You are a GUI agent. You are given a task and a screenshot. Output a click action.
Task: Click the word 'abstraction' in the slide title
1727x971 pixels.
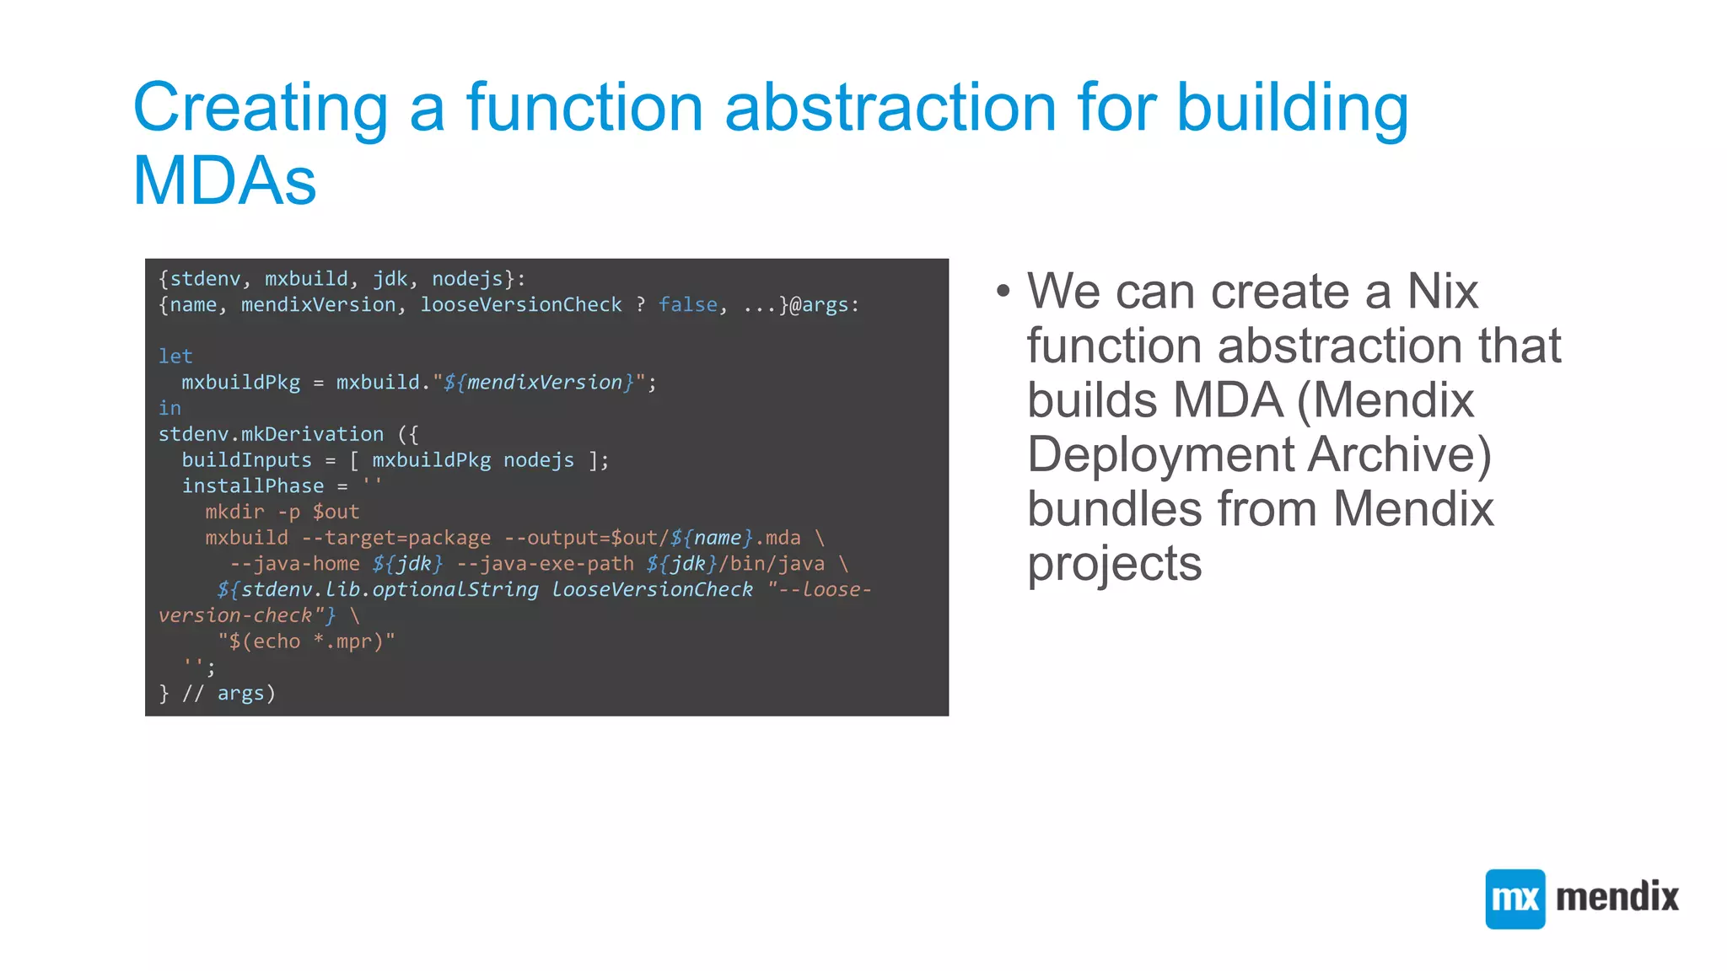(890, 108)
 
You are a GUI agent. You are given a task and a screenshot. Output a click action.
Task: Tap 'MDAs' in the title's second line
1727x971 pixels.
(224, 181)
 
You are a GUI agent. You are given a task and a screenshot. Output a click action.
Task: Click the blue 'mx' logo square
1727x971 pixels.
(1514, 899)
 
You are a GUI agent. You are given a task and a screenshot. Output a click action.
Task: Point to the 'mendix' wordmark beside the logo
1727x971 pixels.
(1617, 897)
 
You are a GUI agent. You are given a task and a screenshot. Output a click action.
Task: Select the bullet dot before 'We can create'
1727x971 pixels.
(1003, 292)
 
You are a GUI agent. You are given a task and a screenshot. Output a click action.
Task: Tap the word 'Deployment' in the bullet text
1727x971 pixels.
(1159, 454)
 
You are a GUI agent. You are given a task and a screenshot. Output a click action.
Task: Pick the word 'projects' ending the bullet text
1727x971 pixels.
(1114, 563)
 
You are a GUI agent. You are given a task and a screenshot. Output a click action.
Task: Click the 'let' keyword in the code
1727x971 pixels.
(175, 357)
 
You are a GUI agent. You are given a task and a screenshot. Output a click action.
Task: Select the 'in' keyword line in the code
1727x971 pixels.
(169, 408)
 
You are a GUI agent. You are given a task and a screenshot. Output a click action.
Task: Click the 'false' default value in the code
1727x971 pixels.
(687, 304)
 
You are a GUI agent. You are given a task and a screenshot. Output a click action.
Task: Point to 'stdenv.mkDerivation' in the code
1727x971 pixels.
(271, 434)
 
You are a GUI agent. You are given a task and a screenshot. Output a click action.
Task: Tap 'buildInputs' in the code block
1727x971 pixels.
(246, 460)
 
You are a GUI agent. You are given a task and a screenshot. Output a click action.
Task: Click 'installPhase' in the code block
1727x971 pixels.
(252, 486)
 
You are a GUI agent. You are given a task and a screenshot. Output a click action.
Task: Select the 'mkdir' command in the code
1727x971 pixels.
(234, 512)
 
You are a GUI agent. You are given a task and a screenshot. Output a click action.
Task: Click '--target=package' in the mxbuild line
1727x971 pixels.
(395, 538)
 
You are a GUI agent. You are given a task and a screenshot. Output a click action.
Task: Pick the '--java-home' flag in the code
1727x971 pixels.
(294, 564)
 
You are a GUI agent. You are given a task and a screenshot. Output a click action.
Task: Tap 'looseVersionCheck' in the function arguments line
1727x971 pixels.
(520, 304)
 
